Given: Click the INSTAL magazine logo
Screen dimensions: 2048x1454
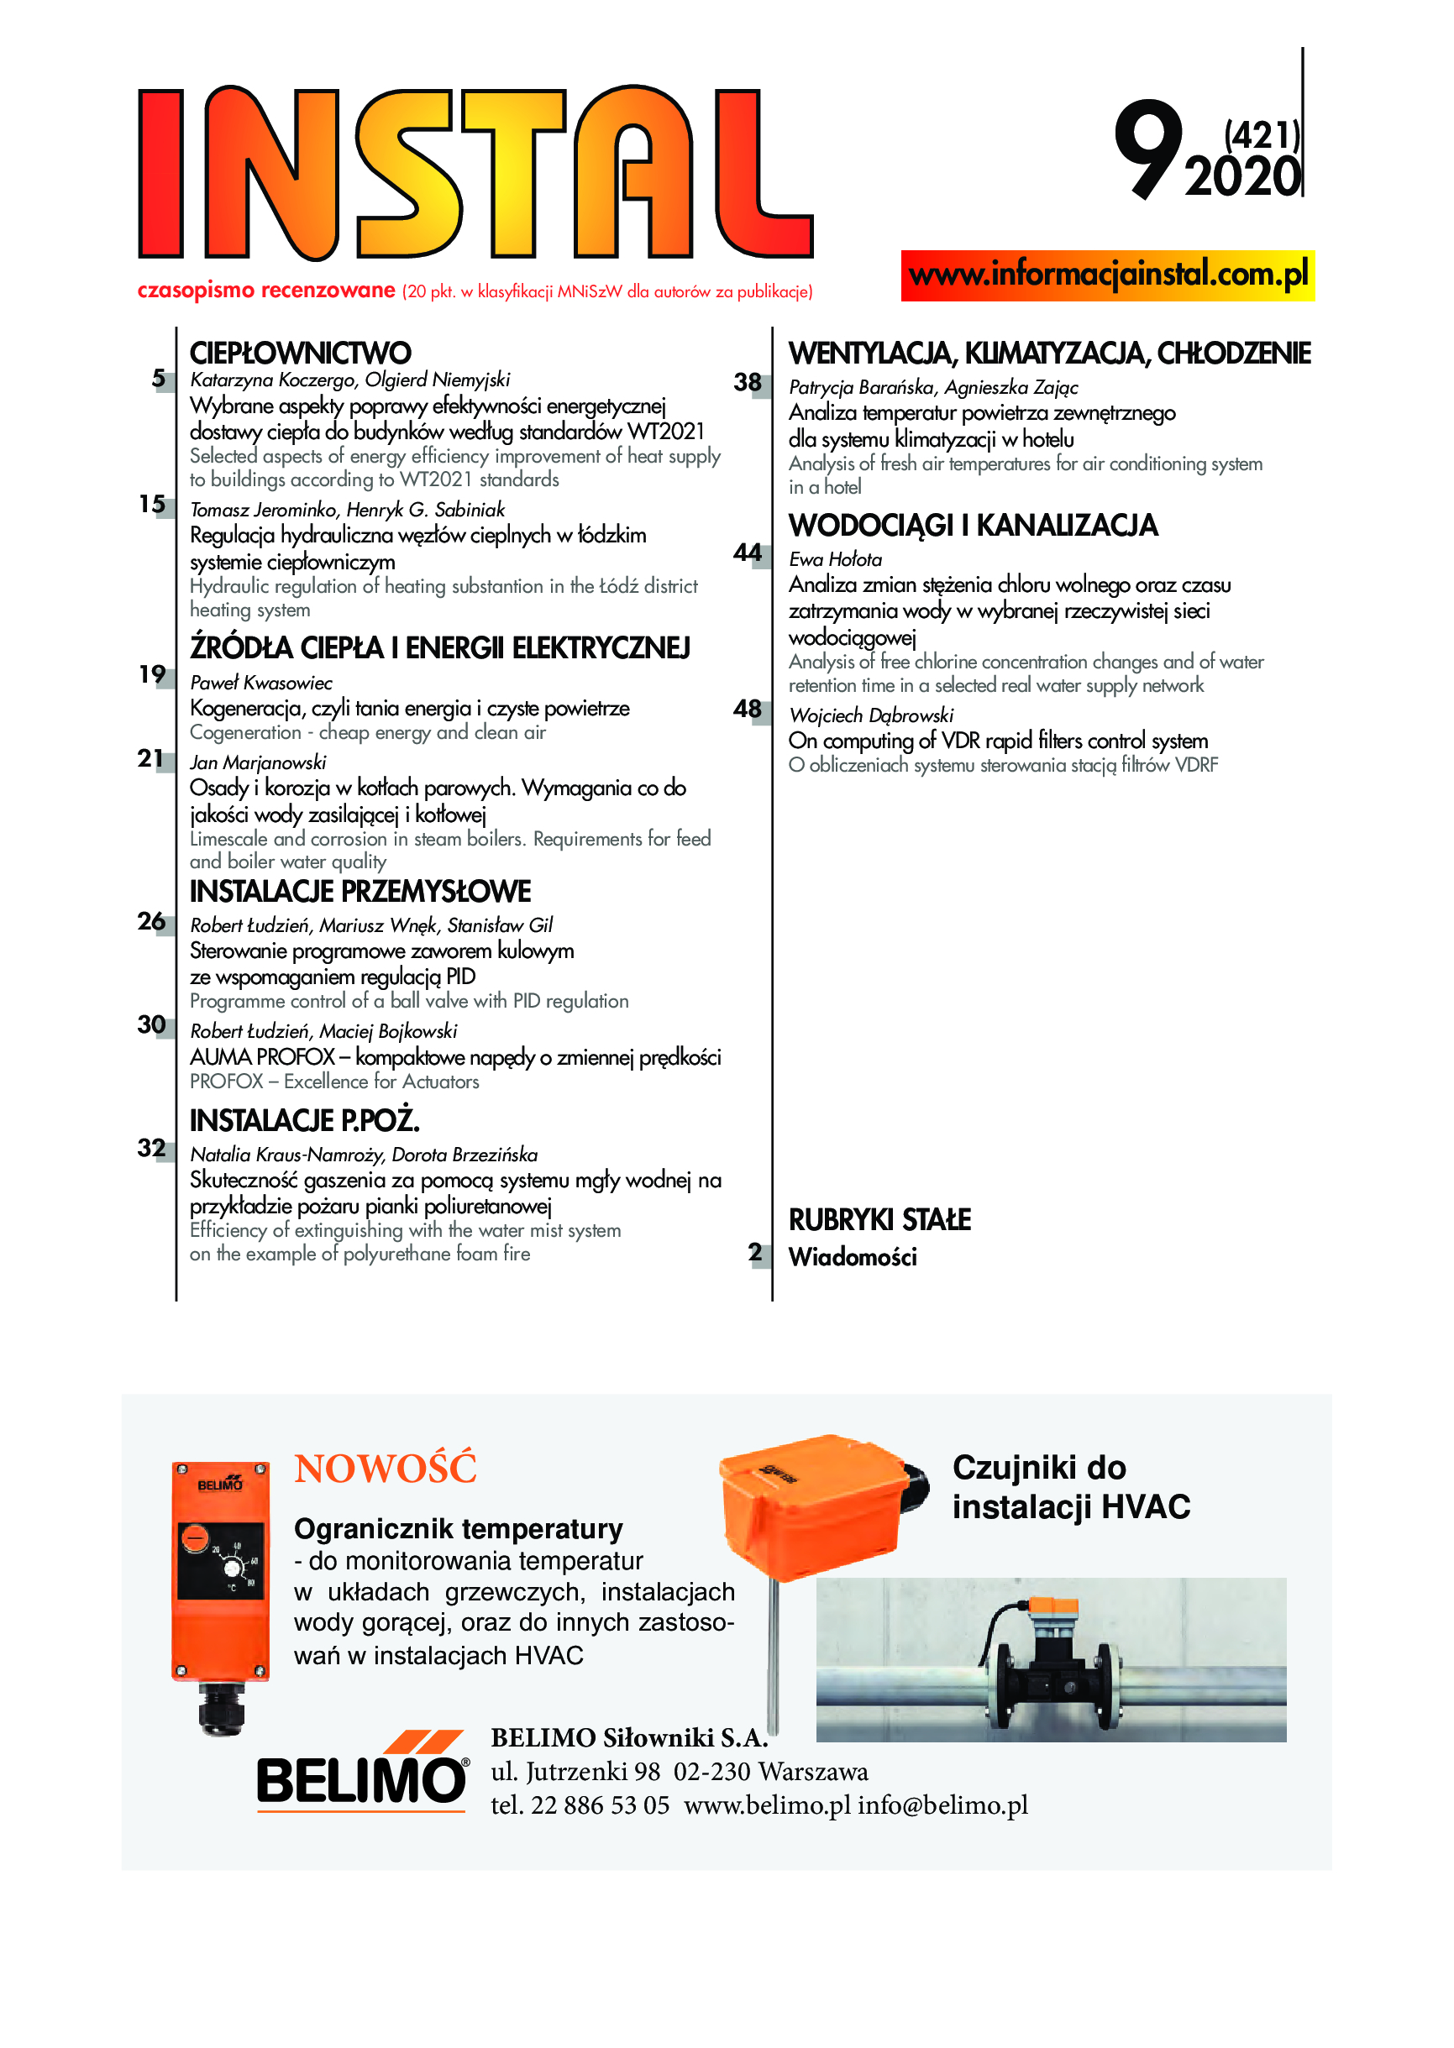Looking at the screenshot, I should point(475,173).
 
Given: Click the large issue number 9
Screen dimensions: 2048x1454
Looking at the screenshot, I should point(1147,148).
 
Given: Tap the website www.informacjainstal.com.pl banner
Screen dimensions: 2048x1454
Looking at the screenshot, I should point(1108,274).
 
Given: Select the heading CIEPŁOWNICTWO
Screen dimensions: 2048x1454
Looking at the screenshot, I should point(300,353).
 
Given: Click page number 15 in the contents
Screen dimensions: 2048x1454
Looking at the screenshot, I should point(152,504).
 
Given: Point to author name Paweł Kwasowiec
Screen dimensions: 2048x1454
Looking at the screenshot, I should point(260,683).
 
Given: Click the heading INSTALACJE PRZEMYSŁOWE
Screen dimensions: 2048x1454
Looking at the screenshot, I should point(360,892).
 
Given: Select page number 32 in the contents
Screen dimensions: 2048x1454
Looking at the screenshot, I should point(151,1148).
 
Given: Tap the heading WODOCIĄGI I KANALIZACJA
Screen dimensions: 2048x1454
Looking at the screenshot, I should point(973,526).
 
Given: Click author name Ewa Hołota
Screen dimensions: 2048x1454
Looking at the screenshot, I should point(834,559).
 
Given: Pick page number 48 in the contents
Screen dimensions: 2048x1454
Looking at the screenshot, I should point(747,709).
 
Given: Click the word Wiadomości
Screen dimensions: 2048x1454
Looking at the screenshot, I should point(853,1258).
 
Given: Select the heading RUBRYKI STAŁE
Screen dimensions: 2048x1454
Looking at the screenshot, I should point(879,1220).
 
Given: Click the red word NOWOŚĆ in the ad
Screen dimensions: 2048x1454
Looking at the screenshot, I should point(385,1469).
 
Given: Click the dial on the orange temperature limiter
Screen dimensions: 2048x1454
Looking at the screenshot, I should point(232,1569).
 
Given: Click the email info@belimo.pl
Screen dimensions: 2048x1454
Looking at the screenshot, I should point(942,1805).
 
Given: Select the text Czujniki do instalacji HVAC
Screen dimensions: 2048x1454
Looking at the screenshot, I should point(1070,1487).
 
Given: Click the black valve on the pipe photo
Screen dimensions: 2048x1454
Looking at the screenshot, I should point(1051,1672).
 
